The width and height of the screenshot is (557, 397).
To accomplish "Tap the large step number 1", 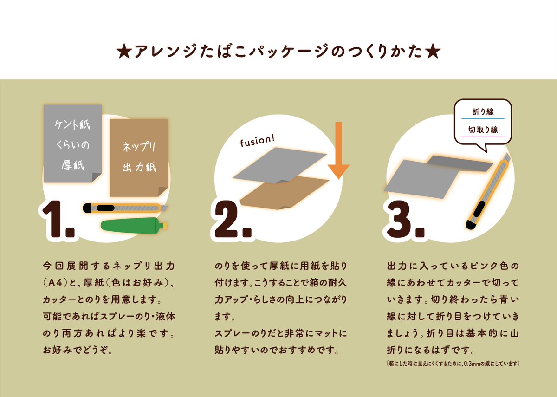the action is (x=55, y=219).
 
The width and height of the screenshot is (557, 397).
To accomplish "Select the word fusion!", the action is (x=257, y=141).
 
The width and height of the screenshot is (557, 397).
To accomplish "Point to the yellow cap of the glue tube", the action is (x=165, y=226).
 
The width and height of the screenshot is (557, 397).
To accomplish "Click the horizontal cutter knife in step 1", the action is (x=125, y=208).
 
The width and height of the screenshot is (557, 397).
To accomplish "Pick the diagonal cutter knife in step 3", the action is (x=488, y=191).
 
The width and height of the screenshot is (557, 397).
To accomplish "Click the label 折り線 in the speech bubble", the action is (x=483, y=112).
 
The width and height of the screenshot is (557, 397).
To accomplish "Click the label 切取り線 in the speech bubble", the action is (x=483, y=130).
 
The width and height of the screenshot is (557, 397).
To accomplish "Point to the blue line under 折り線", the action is (x=483, y=119).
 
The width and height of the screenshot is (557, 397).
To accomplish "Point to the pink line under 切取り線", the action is (x=483, y=137).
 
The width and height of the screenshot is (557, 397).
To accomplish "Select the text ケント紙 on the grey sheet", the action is (x=72, y=124).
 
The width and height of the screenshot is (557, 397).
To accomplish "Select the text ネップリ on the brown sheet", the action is (x=139, y=147).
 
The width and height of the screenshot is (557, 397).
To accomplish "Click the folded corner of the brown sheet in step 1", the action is (x=163, y=191).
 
